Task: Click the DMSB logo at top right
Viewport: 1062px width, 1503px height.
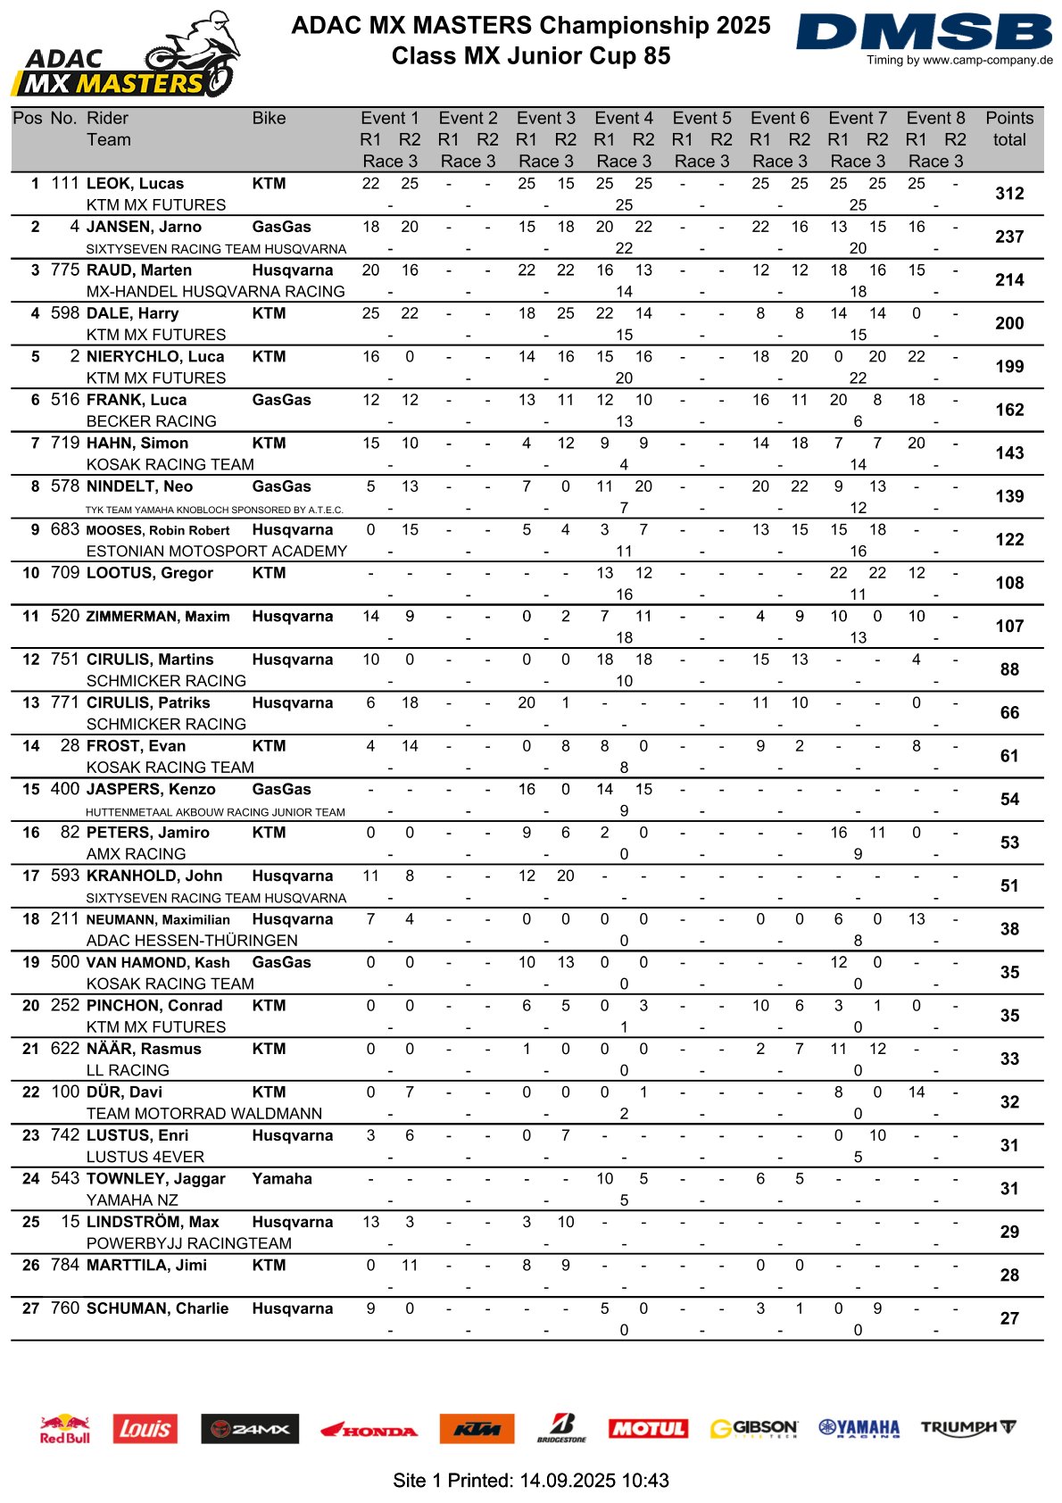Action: click(x=924, y=33)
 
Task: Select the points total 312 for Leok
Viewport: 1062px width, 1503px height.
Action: click(x=1008, y=194)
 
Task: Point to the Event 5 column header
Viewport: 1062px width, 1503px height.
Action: click(x=701, y=118)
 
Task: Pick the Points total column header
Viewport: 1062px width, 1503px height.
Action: click(x=1008, y=129)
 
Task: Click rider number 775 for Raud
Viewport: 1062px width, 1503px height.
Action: click(x=65, y=270)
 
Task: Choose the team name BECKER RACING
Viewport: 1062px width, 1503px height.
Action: click(x=151, y=421)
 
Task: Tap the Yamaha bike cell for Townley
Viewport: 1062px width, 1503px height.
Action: click(x=282, y=1178)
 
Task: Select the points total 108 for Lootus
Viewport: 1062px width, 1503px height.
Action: click(x=1008, y=583)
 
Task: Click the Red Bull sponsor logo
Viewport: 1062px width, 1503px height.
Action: click(x=65, y=1428)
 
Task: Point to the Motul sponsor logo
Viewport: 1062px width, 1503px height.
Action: click(x=648, y=1428)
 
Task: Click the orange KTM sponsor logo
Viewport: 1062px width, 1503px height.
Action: click(x=477, y=1428)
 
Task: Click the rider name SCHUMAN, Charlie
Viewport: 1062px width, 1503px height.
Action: click(x=157, y=1308)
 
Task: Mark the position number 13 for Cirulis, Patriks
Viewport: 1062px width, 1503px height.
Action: click(x=31, y=702)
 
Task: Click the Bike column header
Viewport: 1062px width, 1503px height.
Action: click(x=269, y=118)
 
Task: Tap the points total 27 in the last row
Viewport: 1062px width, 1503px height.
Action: click(x=1008, y=1318)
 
